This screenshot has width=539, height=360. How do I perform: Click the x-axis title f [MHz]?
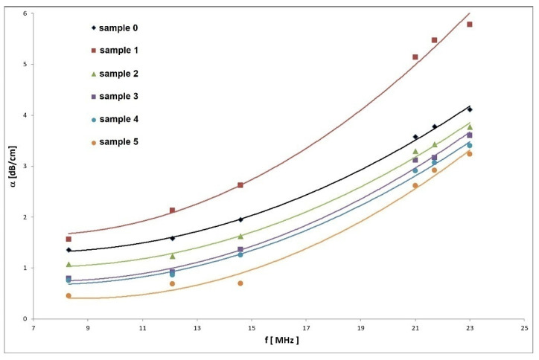(x=278, y=341)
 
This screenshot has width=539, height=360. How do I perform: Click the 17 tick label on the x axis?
(x=306, y=328)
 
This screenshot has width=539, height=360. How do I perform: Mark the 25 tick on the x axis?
(x=524, y=328)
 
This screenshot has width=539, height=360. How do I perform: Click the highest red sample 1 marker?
(x=470, y=25)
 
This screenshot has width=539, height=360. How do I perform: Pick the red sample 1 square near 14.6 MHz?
(x=240, y=185)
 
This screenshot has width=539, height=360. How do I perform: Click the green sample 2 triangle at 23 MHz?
(x=470, y=127)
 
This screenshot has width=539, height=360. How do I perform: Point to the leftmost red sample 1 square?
(x=68, y=239)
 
